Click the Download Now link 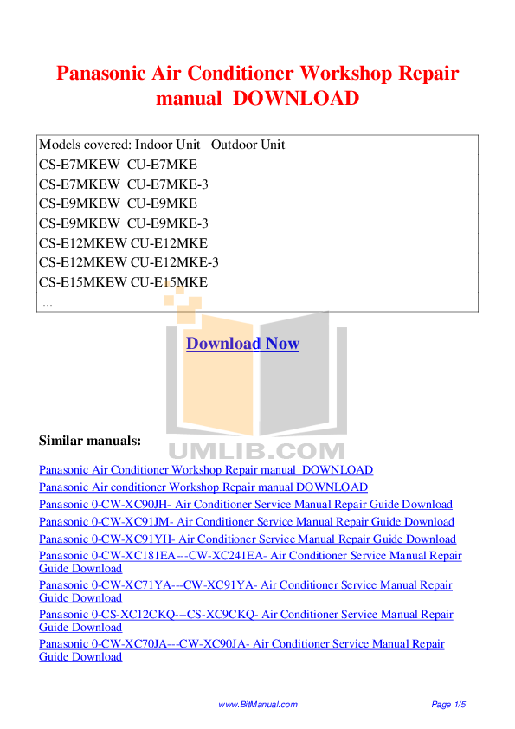tap(242, 344)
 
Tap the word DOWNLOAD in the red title tap(296, 99)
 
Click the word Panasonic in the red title tap(101, 74)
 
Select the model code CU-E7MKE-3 tap(168, 184)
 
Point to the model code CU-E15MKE tap(169, 282)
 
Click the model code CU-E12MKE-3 tap(174, 262)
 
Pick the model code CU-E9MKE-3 tap(168, 223)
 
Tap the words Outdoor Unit tap(248, 145)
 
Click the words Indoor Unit tap(167, 145)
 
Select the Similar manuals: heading tap(90, 441)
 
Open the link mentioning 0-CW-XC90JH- tap(246, 505)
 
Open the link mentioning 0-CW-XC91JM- tap(247, 522)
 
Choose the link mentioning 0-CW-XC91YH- tap(248, 539)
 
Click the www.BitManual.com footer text tap(258, 705)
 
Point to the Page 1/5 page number tap(448, 705)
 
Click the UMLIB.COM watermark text tap(256, 451)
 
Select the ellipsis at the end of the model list tap(48, 306)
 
